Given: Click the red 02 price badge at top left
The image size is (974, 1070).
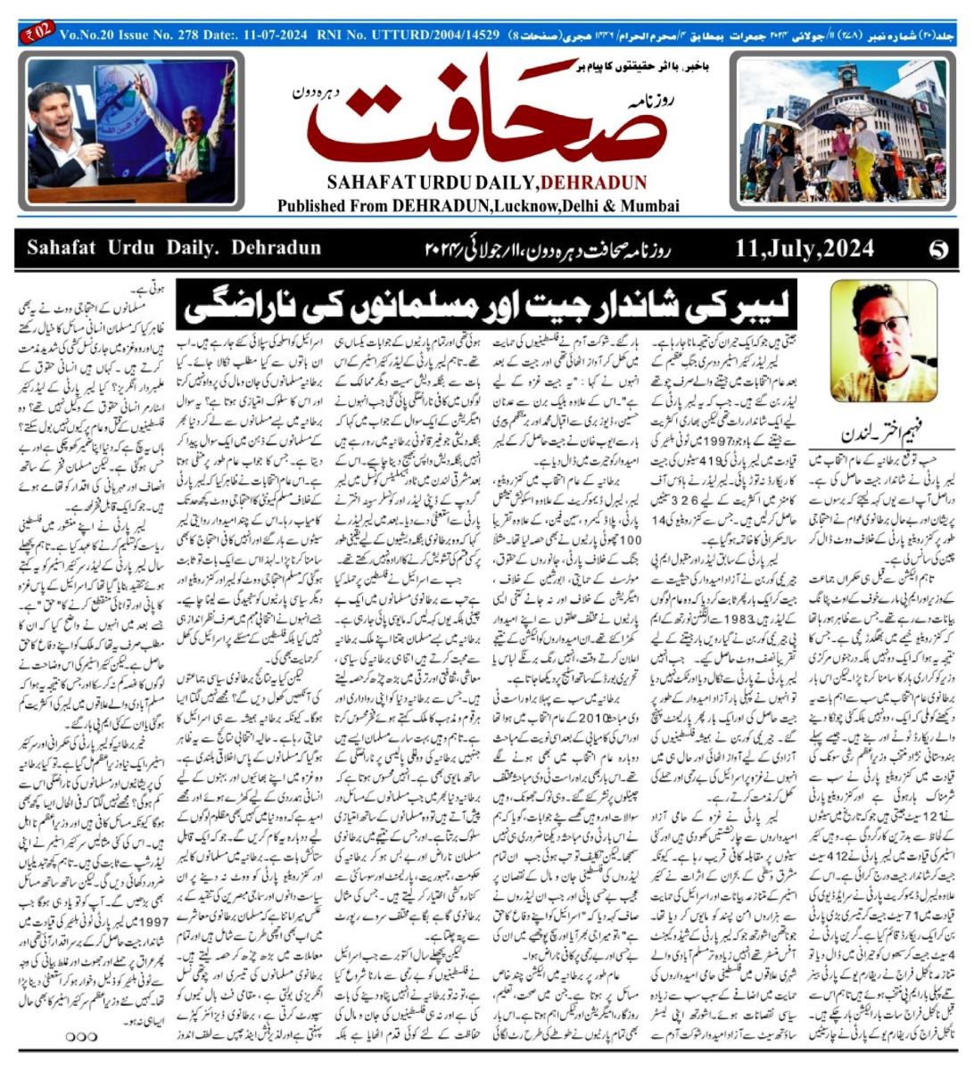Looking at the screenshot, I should pos(36,36).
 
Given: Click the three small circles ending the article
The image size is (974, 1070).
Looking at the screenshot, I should pos(81,1035).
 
